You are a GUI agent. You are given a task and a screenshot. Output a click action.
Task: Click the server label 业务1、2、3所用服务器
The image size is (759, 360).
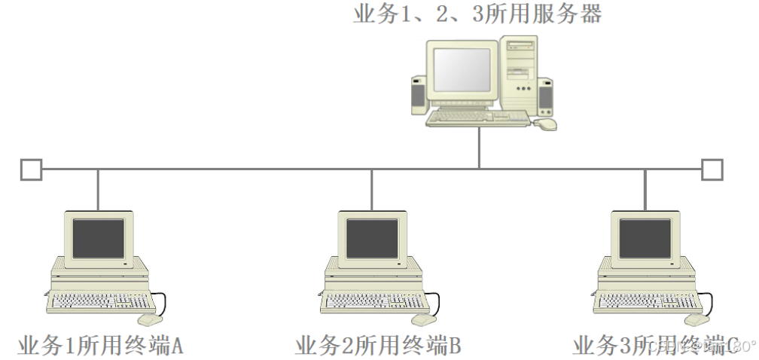477,14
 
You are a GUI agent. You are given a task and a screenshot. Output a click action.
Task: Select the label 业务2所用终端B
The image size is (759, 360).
377,346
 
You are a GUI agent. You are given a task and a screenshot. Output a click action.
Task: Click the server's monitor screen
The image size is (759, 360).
462,69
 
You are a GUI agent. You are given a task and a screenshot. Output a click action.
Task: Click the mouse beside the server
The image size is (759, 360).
545,123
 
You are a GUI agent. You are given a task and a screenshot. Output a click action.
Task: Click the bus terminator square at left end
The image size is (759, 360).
31,169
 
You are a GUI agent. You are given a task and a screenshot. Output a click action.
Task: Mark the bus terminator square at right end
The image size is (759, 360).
712,169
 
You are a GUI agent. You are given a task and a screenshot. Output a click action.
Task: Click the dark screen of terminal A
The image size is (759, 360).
98,239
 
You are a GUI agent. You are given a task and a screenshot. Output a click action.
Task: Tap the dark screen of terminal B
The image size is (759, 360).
371,239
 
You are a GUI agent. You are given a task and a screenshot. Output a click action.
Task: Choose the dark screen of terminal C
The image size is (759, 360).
645,239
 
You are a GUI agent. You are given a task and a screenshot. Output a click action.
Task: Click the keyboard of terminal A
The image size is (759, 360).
102,301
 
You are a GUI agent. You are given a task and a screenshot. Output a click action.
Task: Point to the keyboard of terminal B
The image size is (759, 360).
375,301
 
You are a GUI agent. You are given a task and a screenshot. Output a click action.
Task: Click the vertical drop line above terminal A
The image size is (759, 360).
98,190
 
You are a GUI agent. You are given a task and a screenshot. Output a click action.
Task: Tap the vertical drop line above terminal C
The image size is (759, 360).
645,190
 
